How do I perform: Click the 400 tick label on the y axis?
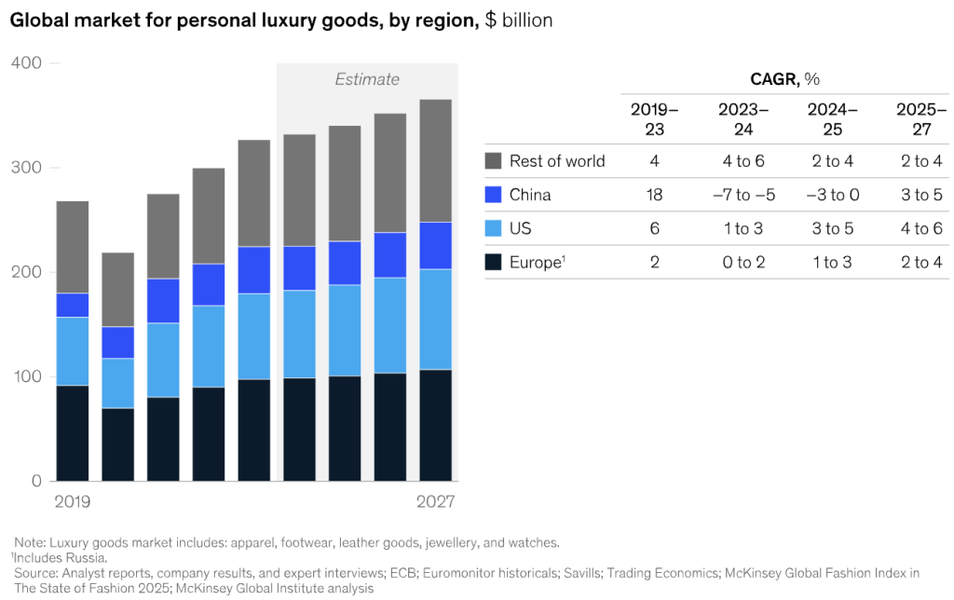(26, 63)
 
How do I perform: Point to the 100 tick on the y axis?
(26, 377)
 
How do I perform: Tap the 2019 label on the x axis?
(73, 502)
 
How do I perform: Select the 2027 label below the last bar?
(436, 502)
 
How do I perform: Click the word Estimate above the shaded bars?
(367, 79)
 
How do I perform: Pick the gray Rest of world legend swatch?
(494, 161)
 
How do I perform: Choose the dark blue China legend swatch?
(494, 195)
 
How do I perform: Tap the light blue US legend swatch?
(494, 228)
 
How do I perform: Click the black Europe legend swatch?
(494, 262)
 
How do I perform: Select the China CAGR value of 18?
(654, 195)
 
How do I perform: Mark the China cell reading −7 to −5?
(743, 195)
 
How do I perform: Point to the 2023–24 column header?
(743, 118)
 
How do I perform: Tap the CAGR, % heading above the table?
(784, 79)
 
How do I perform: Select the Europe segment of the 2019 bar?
(73, 433)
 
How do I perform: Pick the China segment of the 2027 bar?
(436, 246)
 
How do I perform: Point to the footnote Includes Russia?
(60, 557)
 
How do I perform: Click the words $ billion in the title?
(519, 20)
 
